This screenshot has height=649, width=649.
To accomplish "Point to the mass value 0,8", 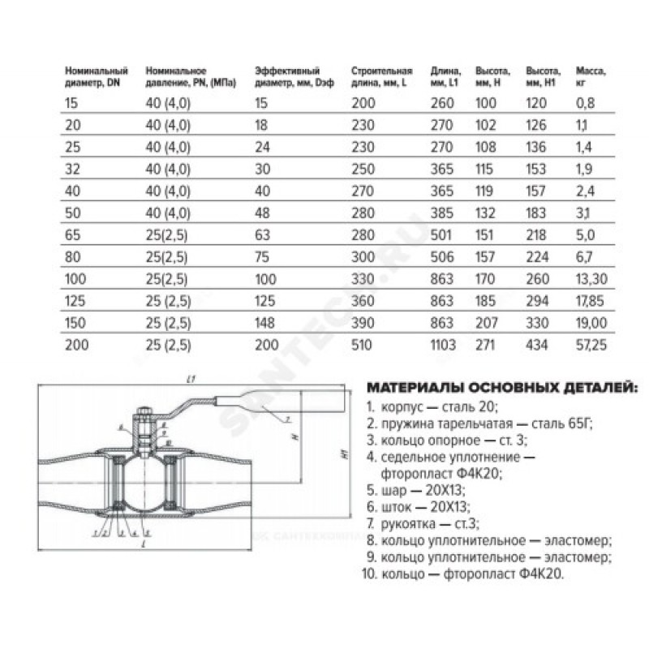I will tap(584, 102).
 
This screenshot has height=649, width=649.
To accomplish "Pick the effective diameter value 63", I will tap(261, 239).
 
